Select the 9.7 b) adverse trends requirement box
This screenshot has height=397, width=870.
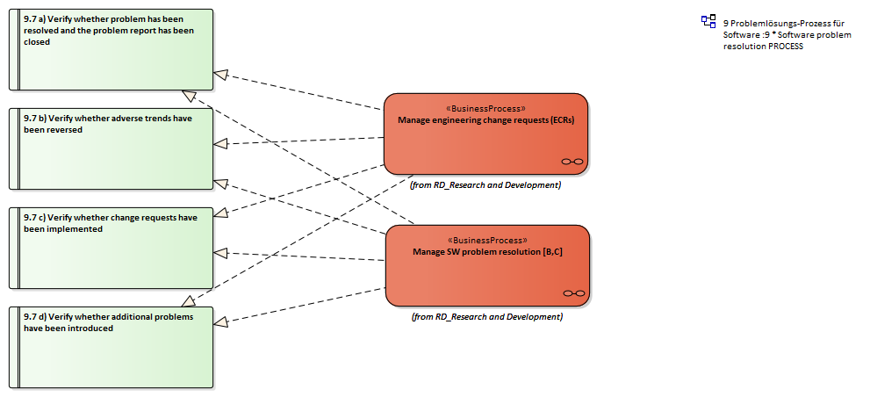114,158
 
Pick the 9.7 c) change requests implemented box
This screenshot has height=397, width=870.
114,259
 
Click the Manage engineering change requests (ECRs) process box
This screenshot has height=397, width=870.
485,141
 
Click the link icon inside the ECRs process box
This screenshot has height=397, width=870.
572,161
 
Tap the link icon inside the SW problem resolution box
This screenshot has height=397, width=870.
574,292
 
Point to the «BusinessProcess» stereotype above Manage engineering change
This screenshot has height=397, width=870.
485,109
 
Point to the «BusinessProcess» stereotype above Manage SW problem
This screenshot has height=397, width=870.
487,240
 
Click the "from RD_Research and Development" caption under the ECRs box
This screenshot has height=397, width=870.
485,185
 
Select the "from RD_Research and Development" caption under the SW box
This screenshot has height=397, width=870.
487,316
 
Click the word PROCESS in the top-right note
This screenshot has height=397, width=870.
785,47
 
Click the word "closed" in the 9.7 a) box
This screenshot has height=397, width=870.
37,41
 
